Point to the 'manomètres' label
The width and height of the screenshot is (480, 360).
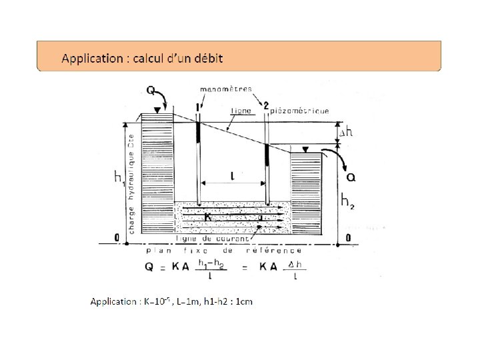click(226, 88)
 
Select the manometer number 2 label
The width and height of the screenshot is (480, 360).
click(265, 105)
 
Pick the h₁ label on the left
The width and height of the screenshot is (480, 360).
click(119, 177)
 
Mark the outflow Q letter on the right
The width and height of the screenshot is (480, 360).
click(351, 177)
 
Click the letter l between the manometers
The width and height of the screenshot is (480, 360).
click(232, 176)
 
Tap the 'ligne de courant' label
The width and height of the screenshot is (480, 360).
click(212, 238)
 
